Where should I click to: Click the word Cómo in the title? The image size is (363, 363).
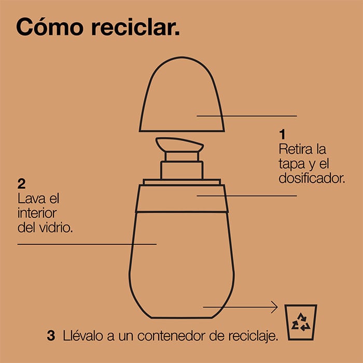50,26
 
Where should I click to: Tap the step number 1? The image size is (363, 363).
282,134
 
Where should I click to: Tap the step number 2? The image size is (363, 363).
21,184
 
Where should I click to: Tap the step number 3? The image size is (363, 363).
51,336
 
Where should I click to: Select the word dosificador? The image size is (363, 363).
312,178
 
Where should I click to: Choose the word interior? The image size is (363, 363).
37,213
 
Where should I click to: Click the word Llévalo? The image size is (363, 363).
83,336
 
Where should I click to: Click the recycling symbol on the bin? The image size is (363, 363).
301,322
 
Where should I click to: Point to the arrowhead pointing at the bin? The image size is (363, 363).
275,307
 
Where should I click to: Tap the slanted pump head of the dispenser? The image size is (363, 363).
179,145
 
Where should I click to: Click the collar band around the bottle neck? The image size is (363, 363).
181,199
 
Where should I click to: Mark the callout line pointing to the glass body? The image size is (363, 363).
87,244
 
